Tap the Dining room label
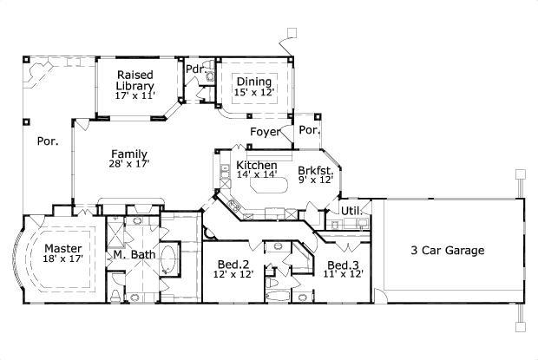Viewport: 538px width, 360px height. (x=253, y=82)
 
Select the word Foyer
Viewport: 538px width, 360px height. (x=265, y=132)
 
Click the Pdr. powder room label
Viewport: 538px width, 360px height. (x=194, y=69)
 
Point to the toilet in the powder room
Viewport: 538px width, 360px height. (x=208, y=76)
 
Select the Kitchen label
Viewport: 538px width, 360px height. (x=257, y=165)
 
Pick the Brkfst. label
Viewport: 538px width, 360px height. (x=314, y=170)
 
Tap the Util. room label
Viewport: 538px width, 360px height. (x=351, y=211)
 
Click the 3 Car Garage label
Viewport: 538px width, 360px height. (x=447, y=251)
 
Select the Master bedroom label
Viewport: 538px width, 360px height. (x=63, y=247)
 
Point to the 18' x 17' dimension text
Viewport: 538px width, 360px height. (x=63, y=259)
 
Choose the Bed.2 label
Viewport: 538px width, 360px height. (x=232, y=264)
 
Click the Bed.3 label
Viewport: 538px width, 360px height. (x=344, y=265)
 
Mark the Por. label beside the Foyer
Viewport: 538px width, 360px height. (x=309, y=130)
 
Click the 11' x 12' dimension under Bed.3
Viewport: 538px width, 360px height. (x=344, y=274)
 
